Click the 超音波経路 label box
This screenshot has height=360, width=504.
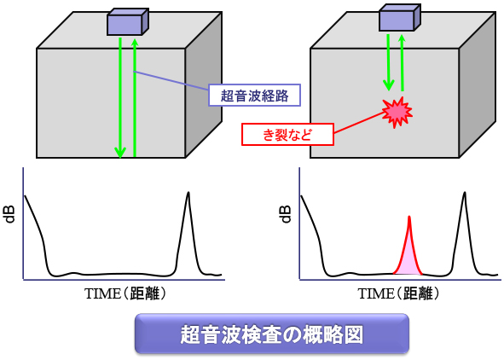(x=255, y=96)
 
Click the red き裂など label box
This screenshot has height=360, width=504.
(x=287, y=134)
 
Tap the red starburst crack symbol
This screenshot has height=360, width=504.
(x=397, y=113)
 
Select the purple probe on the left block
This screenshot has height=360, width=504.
(x=128, y=22)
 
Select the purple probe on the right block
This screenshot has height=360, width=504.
(x=400, y=18)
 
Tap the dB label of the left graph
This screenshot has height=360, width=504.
(x=10, y=215)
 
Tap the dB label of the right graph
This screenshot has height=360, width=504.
(x=285, y=215)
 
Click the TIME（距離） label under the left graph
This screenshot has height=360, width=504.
(x=125, y=293)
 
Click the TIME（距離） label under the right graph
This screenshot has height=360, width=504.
(x=398, y=293)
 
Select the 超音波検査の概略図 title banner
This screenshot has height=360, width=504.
(x=272, y=334)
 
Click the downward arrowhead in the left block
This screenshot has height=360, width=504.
(x=120, y=152)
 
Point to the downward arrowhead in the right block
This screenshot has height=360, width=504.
(x=389, y=85)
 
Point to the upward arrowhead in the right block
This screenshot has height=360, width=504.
(x=402, y=40)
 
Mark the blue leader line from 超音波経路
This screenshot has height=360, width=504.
(x=171, y=80)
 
